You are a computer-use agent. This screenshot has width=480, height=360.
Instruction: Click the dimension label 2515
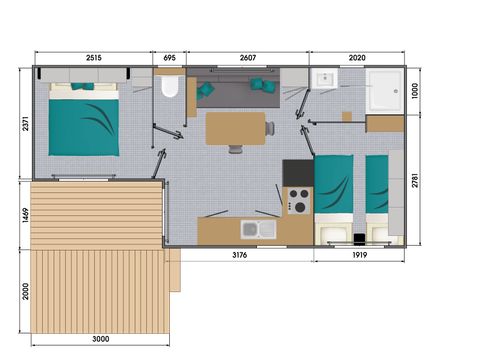[94, 58]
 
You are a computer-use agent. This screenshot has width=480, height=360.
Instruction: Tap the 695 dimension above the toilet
[169, 58]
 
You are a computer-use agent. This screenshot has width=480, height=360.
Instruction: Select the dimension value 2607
[248, 58]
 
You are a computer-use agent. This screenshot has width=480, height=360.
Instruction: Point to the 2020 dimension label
[357, 58]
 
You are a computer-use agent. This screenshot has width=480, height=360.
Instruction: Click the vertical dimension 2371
[26, 123]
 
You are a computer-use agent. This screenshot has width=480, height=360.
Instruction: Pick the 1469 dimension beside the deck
[26, 215]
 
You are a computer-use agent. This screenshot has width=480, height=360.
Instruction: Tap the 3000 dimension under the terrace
[101, 339]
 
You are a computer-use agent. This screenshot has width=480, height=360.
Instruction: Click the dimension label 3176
[240, 255]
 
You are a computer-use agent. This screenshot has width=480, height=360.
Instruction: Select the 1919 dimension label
[360, 255]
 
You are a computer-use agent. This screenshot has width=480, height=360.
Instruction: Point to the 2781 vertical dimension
[415, 180]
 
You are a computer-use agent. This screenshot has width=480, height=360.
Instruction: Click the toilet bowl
[170, 86]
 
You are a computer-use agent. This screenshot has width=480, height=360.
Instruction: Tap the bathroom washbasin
[324, 79]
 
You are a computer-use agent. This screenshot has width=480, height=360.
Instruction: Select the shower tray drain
[396, 91]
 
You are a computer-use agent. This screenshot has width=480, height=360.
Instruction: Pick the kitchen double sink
[259, 229]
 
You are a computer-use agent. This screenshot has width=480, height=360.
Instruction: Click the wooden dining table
[235, 128]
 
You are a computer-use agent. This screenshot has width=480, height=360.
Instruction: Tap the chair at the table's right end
[270, 128]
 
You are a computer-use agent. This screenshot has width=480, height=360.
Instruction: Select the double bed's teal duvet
[84, 127]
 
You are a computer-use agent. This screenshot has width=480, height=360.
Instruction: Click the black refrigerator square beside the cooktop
[298, 173]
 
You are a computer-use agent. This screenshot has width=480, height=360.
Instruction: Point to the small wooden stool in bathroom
[347, 116]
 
